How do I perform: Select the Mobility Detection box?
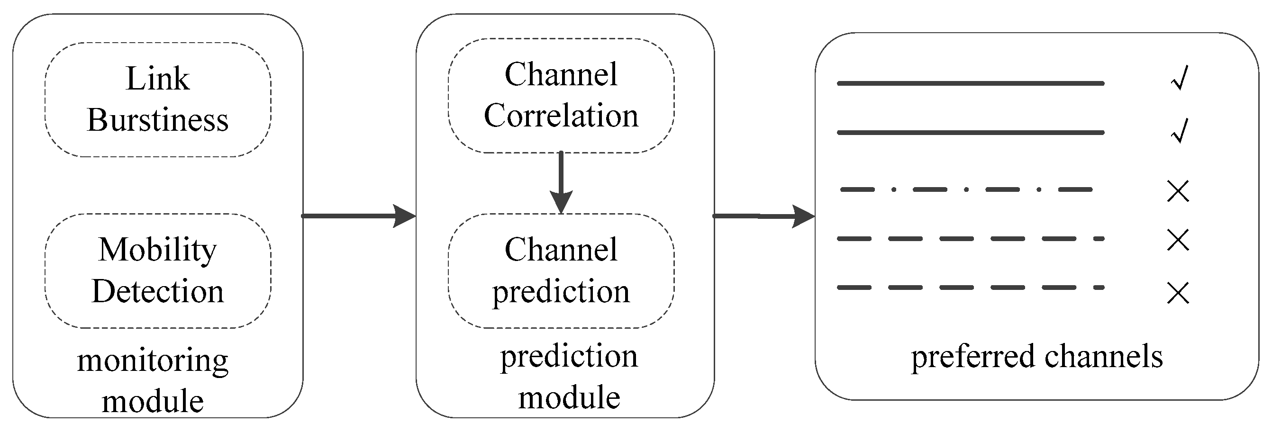(157, 270)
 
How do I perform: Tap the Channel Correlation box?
(561, 95)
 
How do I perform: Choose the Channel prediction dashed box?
(561, 270)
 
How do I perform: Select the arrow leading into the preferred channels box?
(763, 216)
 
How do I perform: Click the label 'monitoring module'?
(153, 380)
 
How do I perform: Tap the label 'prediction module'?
(569, 376)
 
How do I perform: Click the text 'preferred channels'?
(1036, 357)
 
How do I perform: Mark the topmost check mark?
(1179, 79)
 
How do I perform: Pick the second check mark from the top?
(1179, 131)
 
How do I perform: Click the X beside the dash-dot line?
(1178, 191)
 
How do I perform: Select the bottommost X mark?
(1178, 293)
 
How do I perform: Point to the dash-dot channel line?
(965, 189)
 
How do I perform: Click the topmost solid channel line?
(970, 83)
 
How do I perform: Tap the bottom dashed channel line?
(970, 288)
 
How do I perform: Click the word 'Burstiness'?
(157, 120)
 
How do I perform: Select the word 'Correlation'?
(561, 116)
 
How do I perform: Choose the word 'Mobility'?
(157, 250)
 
